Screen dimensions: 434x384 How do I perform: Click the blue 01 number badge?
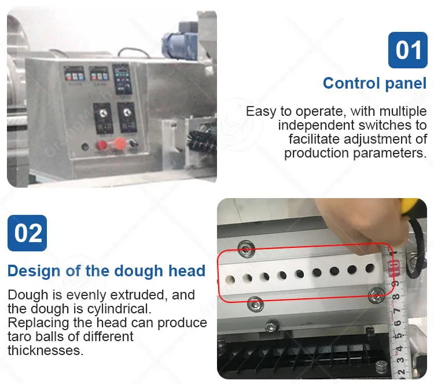pyautogui.click(x=408, y=50)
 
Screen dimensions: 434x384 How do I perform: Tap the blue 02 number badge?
pyautogui.click(x=27, y=233)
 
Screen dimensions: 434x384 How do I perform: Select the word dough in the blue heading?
pyautogui.click(x=139, y=270)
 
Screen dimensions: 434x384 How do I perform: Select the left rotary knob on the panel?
pyautogui.click(x=103, y=113)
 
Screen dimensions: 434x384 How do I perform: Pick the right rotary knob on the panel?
pyautogui.click(x=127, y=112)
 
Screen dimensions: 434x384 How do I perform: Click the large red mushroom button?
pyautogui.click(x=119, y=142)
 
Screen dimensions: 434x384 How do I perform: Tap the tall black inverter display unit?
pyautogui.click(x=122, y=79)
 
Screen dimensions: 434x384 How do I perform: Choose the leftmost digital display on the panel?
pyautogui.click(x=73, y=73)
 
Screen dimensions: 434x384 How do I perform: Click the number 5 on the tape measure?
pyautogui.click(x=398, y=336)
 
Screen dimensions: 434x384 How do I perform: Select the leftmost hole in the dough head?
pyautogui.click(x=230, y=280)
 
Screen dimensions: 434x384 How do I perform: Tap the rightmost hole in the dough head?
pyautogui.click(x=370, y=268)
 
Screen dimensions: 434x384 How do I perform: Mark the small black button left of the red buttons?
pyautogui.click(x=85, y=146)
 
